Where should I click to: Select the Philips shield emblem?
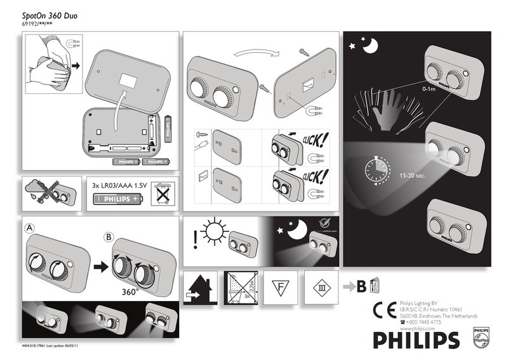coord(481,338)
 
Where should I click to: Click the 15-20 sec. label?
coord(411,175)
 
